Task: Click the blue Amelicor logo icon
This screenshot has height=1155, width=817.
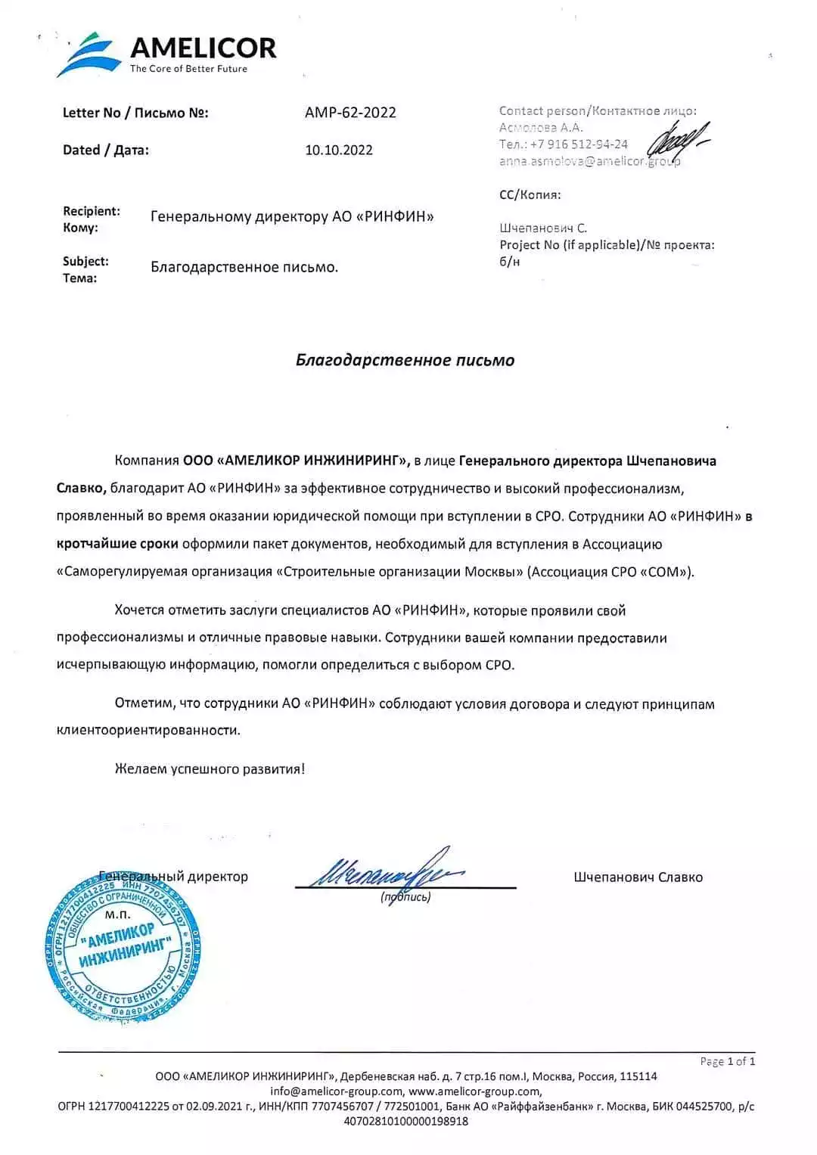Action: (89, 54)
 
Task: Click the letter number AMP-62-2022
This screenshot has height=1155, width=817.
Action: (350, 113)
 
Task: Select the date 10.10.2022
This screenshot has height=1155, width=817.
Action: (339, 150)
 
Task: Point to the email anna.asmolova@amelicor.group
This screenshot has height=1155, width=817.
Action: (589, 161)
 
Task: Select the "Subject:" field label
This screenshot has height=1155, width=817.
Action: (85, 261)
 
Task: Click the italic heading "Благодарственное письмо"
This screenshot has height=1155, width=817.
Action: (405, 360)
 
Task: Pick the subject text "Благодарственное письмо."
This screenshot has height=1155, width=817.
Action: (244, 267)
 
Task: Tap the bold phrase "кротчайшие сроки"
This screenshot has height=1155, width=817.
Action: (117, 544)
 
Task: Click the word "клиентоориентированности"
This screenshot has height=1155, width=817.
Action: (148, 731)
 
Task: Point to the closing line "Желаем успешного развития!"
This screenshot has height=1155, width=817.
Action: (210, 769)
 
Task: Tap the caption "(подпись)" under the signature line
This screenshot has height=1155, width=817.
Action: (405, 898)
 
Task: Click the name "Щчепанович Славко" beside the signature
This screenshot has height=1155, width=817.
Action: (638, 877)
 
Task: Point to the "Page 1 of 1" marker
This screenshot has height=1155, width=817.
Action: (727, 1061)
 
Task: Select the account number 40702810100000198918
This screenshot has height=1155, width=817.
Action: (405, 1121)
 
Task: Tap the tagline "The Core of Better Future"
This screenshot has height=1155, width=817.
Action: (188, 69)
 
